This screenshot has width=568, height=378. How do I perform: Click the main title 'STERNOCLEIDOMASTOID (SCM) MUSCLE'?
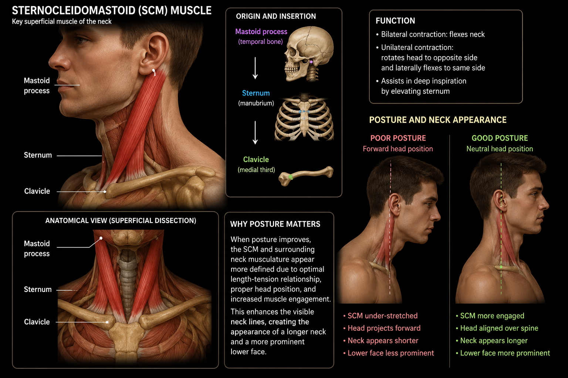point(112,11)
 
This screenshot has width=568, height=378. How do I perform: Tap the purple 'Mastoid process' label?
point(261,32)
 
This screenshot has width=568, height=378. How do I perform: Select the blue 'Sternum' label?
point(256,93)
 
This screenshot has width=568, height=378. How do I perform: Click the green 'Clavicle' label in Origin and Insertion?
point(256,159)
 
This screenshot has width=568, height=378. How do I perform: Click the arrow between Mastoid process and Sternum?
point(255,68)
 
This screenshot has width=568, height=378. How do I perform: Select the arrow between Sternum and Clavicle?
point(255,133)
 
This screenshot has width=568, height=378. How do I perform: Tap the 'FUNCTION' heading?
point(395,21)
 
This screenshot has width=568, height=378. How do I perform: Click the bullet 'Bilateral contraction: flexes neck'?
point(430,34)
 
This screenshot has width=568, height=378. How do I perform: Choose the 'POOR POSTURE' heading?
point(398,138)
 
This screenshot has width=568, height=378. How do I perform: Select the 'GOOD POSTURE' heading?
point(500,138)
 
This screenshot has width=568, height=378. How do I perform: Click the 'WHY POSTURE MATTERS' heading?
point(275,224)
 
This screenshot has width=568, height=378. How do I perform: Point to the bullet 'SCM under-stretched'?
point(381,316)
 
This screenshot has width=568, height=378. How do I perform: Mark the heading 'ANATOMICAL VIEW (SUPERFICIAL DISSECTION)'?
point(121,221)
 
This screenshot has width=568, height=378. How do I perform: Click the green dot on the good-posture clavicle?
point(501,267)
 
